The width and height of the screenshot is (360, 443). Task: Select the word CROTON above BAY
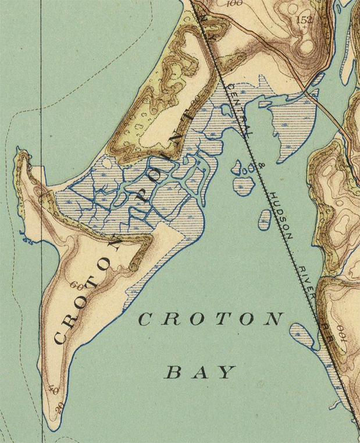pos(211,320)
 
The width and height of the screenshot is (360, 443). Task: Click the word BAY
pos(201,372)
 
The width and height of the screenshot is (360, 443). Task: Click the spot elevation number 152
pos(304,20)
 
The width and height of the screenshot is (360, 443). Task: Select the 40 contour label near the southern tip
pos(56,390)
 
